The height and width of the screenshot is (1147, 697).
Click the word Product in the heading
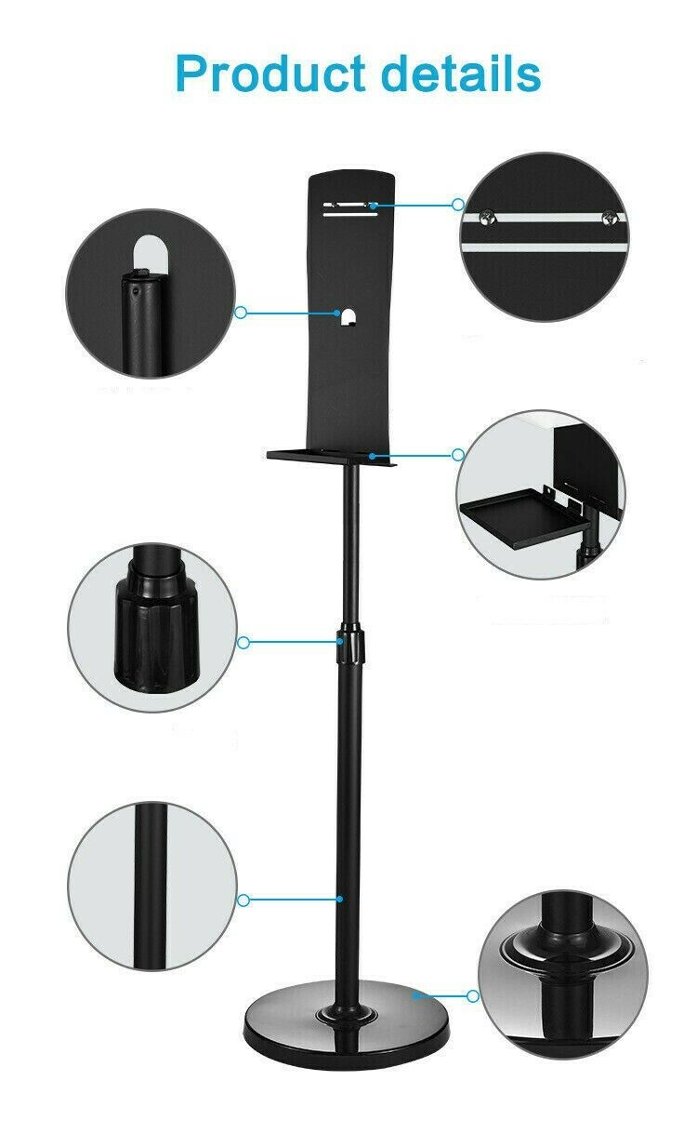click(270, 74)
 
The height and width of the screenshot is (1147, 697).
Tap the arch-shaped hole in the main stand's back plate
click(349, 316)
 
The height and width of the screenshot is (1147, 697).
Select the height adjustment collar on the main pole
click(350, 643)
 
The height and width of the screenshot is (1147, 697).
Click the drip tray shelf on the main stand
click(332, 456)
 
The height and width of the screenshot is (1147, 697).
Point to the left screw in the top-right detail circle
click(486, 218)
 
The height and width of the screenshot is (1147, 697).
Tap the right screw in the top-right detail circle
click(609, 217)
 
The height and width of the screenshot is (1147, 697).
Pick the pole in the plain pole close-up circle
click(151, 886)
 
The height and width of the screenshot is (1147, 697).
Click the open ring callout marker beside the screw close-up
click(457, 205)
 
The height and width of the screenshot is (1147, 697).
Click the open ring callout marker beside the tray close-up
click(458, 454)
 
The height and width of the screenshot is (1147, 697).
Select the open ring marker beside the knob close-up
click(243, 642)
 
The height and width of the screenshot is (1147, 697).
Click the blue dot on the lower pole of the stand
click(339, 899)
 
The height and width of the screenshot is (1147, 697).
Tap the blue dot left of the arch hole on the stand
click(337, 313)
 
